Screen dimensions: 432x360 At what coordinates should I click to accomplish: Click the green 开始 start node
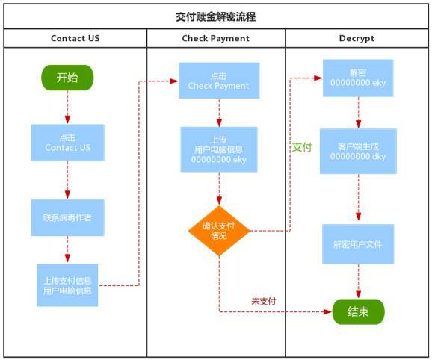(67, 78)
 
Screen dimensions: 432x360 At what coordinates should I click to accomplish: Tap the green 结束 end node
(358, 312)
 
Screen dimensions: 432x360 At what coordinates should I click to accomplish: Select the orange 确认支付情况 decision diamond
(219, 231)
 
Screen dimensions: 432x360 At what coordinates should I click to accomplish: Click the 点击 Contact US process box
(68, 143)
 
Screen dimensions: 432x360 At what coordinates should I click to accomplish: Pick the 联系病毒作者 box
(68, 217)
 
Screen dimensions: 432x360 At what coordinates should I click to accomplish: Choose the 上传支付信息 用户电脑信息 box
(67, 285)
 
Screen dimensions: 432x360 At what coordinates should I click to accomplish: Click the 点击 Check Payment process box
(219, 81)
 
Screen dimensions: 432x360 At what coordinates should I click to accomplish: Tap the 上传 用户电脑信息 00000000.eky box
(219, 149)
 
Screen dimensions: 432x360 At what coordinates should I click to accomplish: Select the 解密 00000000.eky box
(358, 78)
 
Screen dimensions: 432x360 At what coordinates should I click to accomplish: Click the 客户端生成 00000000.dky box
(358, 152)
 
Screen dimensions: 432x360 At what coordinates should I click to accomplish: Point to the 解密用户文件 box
(358, 244)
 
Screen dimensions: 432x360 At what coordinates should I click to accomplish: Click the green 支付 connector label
(302, 147)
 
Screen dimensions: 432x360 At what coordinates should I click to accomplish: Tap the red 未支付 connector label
(264, 301)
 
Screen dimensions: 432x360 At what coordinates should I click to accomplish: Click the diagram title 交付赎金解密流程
(216, 16)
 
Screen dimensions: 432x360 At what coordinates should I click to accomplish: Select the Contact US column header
(75, 38)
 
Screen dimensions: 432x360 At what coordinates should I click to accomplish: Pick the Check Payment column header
(216, 38)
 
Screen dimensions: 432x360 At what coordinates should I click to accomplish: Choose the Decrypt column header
(357, 38)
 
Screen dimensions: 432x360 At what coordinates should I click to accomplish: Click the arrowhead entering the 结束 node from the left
(328, 312)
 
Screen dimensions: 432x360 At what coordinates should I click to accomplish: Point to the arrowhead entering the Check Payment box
(174, 81)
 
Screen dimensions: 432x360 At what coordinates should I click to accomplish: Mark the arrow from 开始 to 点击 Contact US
(67, 108)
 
